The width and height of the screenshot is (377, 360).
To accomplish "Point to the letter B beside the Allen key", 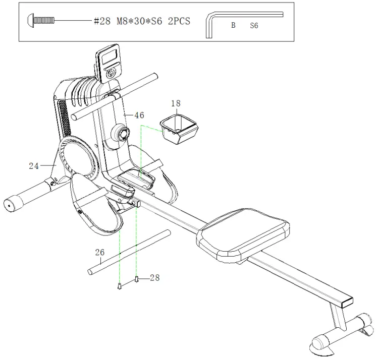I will (x=233, y=25).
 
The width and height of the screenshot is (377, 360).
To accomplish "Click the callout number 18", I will (x=176, y=103).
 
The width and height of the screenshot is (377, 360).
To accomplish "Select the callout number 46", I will (x=139, y=115).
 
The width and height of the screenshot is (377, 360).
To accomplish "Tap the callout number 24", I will (x=34, y=165).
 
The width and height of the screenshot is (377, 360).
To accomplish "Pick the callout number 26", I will (x=100, y=252).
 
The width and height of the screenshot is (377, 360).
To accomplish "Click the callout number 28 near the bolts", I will (x=154, y=278).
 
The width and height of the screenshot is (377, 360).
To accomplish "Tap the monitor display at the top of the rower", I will (x=110, y=56).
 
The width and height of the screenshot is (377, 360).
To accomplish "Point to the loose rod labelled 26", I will (x=129, y=252).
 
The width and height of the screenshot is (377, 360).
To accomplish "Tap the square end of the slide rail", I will (x=348, y=302).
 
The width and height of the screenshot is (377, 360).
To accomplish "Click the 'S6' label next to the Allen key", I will (x=254, y=25).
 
